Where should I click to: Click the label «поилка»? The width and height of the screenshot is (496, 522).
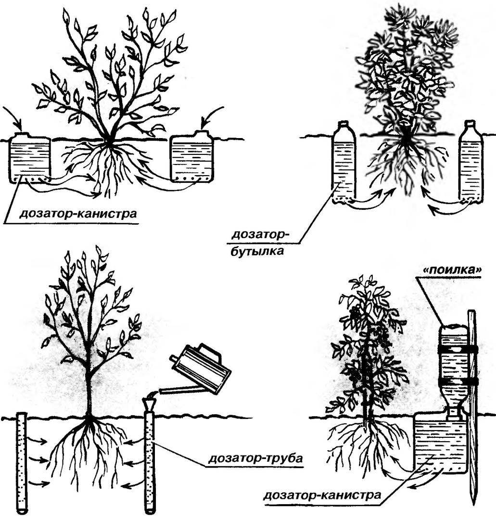point(449,270)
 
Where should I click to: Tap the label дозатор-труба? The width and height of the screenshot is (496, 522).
point(255,459)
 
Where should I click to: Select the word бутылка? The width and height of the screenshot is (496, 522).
point(257,250)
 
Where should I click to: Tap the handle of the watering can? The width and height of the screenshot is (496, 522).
point(210,352)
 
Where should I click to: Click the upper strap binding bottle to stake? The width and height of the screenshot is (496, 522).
point(457,349)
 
